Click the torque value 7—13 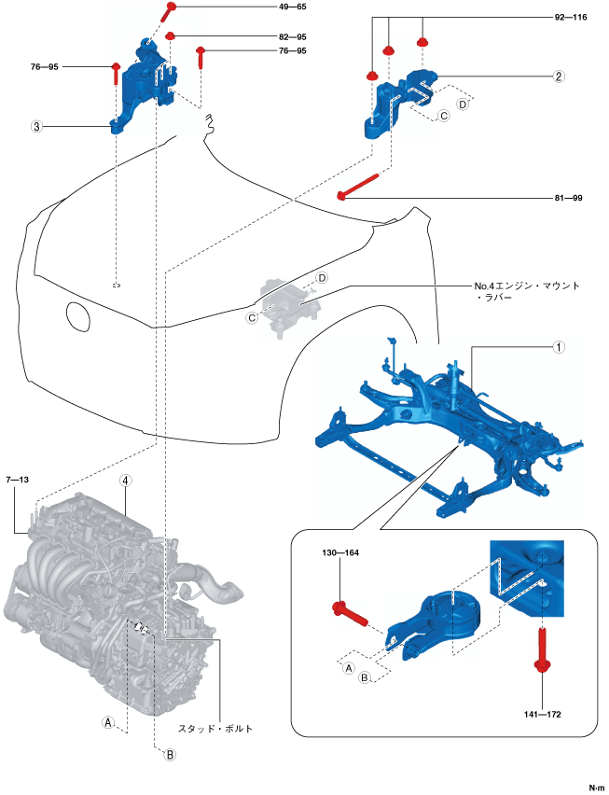[x=18, y=479]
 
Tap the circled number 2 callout [x=557, y=77]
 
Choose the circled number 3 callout [x=35, y=128]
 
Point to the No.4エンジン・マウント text [x=528, y=286]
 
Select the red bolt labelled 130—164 [x=350, y=615]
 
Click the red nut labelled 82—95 [x=172, y=36]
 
